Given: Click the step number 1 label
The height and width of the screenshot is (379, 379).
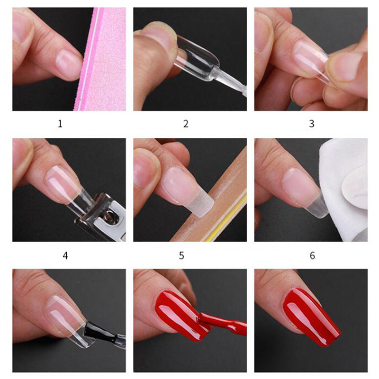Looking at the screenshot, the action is (60, 124).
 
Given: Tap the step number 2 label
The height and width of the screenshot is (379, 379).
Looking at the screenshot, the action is (186, 124).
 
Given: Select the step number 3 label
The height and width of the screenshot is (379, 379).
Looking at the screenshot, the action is (312, 124).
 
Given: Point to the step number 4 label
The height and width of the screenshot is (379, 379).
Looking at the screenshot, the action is (65, 255).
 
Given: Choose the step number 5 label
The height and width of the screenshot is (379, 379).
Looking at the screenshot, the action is (181, 255).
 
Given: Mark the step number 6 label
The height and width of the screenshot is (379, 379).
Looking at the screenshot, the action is (312, 255).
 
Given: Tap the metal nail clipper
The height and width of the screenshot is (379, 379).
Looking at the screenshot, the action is (101, 217).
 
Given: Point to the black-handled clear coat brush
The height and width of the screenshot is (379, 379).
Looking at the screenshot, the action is (104, 334).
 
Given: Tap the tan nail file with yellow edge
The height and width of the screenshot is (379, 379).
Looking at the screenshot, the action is (213, 200).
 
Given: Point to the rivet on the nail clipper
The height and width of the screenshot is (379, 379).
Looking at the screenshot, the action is (110, 215).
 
